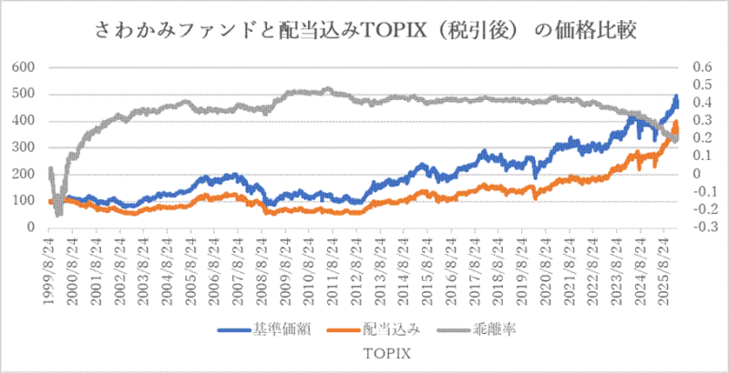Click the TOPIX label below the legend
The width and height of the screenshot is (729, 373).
(x=364, y=350)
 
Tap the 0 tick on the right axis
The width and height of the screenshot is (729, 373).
(x=695, y=174)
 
